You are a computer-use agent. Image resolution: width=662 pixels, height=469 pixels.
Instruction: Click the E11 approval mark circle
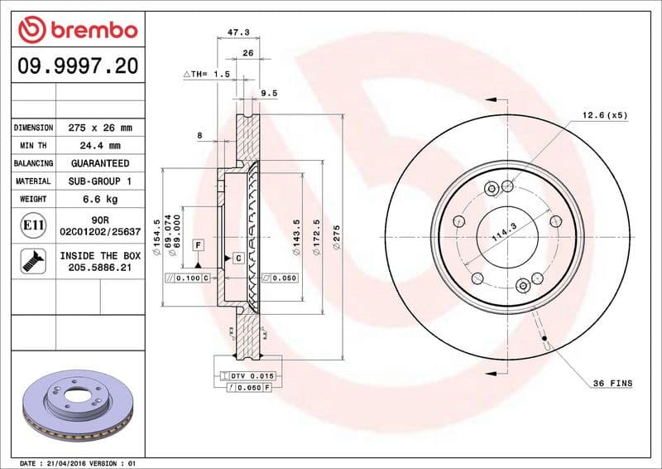click(32, 225)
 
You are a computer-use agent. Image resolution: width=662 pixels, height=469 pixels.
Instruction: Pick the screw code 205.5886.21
click(99, 268)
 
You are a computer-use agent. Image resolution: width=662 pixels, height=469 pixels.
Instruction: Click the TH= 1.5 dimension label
click(207, 75)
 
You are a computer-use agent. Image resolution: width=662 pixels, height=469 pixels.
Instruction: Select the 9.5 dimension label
click(268, 94)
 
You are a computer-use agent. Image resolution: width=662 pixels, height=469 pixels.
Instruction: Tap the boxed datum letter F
click(199, 244)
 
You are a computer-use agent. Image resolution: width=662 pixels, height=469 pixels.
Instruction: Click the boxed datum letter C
click(237, 259)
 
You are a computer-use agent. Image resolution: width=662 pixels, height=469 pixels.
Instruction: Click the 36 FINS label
click(612, 383)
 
